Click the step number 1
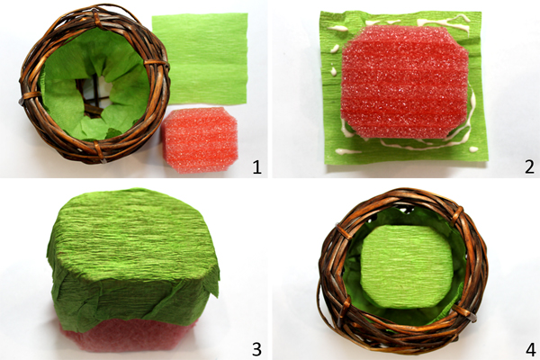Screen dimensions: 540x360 tap(256, 167)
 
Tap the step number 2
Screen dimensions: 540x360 tap(530, 167)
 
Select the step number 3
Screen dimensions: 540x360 tap(256, 349)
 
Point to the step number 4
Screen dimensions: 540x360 tap(530, 349)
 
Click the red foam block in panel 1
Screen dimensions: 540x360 tap(200, 139)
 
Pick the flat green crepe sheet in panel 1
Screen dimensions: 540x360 tap(200, 58)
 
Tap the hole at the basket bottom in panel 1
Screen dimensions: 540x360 tap(94, 97)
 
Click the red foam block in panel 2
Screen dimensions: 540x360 tap(404, 82)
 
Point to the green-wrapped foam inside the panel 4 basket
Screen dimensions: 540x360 tap(407, 266)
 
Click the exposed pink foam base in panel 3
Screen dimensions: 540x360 tap(128, 336)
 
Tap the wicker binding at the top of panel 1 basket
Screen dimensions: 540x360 tap(96, 18)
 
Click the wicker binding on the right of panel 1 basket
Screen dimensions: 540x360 tap(156, 63)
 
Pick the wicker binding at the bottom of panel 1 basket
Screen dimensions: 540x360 tap(100, 152)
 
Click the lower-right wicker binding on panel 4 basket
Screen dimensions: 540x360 tap(464, 312)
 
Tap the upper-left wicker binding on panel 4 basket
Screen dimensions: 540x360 tap(344, 231)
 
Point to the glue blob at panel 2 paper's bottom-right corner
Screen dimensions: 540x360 tap(474, 149)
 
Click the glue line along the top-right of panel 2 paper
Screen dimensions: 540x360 tap(445, 22)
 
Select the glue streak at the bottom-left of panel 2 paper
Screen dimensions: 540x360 tap(347, 151)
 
